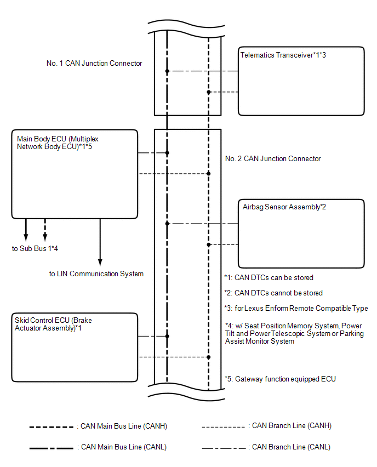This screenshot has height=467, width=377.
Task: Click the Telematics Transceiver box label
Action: (283, 55)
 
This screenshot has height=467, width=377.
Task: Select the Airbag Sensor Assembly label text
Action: (284, 207)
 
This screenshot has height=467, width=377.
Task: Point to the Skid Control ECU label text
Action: (53, 324)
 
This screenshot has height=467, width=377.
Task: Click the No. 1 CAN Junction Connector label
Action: (94, 64)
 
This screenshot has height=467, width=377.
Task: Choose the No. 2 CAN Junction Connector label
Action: (273, 159)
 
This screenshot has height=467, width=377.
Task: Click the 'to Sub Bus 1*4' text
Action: (35, 249)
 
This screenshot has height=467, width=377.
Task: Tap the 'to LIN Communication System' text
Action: (96, 274)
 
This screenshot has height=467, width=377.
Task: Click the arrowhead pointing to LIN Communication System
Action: (100, 262)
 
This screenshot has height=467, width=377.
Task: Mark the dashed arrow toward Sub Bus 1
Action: (45, 230)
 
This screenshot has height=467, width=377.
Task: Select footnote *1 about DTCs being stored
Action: (269, 277)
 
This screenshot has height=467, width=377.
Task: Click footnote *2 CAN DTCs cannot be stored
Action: (273, 293)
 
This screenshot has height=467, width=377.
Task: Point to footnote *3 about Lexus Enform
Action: (296, 308)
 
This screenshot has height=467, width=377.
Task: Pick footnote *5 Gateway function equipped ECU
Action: (280, 379)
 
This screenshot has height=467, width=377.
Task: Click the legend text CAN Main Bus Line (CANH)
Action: (124, 426)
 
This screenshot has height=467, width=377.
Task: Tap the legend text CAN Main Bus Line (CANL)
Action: (124, 447)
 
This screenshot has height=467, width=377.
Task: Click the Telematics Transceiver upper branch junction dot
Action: (167, 71)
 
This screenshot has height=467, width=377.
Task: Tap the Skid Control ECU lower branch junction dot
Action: (208, 357)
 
